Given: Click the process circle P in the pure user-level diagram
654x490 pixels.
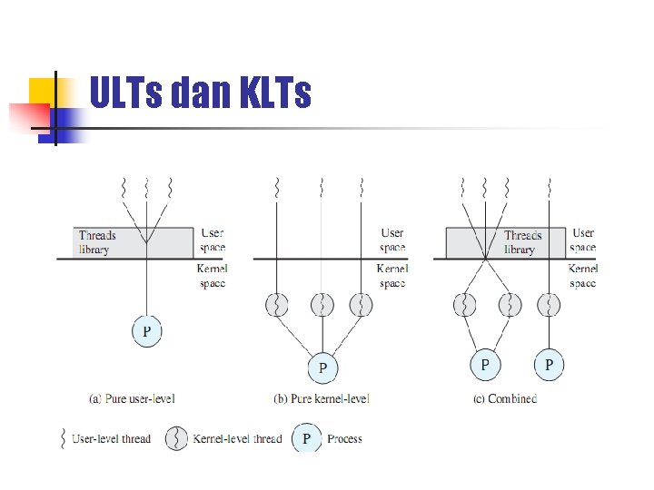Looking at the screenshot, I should tap(146, 331).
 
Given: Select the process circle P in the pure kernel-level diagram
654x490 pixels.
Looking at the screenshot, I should tap(322, 367).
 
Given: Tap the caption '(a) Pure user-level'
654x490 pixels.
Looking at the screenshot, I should tap(133, 397).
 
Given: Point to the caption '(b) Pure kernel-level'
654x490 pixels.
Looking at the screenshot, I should tap(322, 397).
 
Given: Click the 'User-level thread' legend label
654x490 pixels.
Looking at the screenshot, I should tap(111, 439).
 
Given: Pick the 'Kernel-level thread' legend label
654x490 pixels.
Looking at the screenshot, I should tap(237, 439).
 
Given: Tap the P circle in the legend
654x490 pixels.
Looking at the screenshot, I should tap(306, 439).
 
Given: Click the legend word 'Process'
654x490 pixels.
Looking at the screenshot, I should tap(344, 439).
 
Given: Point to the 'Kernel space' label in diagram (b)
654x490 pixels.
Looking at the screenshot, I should tap(392, 276).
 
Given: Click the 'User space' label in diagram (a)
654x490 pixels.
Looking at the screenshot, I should tap(213, 240).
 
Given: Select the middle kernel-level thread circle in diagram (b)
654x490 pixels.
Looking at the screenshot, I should tap(322, 305).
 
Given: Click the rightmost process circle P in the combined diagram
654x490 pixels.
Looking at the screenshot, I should tap(548, 365).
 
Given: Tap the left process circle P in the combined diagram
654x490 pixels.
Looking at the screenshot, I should tap(485, 365).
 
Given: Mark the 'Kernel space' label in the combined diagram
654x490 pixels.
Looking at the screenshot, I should tap(582, 276).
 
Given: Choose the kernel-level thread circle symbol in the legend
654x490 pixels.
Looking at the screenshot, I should tap(176, 439).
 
